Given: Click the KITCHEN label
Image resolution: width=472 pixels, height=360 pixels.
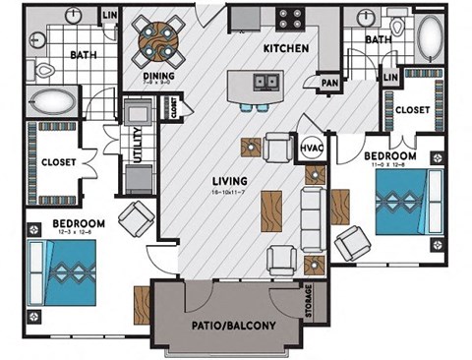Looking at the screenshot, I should point(286,48).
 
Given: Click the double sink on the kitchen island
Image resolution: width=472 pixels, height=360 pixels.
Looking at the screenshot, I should point(262,82).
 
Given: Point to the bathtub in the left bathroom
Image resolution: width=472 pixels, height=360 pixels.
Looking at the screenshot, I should point(50,100).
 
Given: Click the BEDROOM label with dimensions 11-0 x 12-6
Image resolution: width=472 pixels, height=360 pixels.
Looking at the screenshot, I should point(390,157).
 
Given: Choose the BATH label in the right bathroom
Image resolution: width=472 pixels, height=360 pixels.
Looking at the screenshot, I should point(379,40).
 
